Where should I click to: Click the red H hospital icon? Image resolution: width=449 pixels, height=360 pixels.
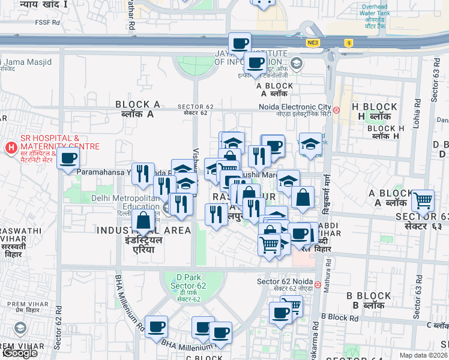coord(11,147)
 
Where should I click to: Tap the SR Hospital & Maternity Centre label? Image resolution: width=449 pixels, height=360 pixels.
coord(59,142)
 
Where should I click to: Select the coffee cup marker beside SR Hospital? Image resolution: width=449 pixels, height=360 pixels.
coord(68,159)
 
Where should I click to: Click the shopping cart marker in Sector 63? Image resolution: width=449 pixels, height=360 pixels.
coord(424,200)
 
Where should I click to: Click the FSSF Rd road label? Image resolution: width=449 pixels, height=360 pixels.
coord(49,23)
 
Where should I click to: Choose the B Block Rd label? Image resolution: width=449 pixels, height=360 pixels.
coord(339,316)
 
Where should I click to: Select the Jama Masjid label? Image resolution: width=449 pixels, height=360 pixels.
coord(28,62)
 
